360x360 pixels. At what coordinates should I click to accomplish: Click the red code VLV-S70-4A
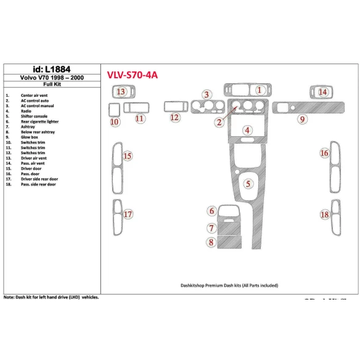pyautogui.click(x=133, y=75)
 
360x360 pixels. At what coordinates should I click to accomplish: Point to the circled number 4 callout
pyautogui.click(x=247, y=130)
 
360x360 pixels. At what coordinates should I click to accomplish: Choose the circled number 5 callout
pyautogui.click(x=248, y=184)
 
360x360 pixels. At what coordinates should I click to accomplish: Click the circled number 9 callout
pyautogui.click(x=302, y=119)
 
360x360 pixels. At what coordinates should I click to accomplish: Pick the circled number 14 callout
pyautogui.click(x=323, y=92)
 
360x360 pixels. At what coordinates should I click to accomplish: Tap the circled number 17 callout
pyautogui.click(x=128, y=215)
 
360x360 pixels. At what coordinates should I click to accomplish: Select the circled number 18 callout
pyautogui.click(x=324, y=215)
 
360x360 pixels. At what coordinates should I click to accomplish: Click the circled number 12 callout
pyautogui.click(x=175, y=117)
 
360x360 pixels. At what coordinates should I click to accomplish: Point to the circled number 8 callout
pyautogui.click(x=211, y=243)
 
